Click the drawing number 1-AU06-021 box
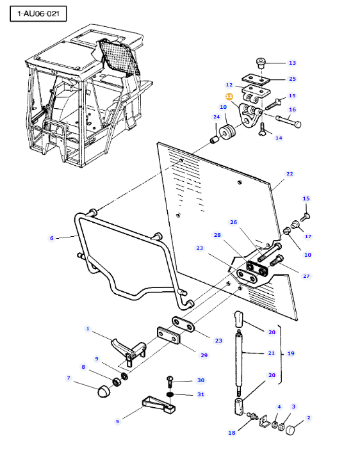38,13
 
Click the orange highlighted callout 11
229,96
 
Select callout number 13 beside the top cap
292,63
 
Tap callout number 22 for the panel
290,174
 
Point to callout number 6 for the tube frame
52,238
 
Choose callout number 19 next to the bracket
291,353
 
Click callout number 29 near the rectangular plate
204,355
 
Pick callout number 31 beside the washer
200,394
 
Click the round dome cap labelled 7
103,392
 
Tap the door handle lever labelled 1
129,351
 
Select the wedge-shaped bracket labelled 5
159,405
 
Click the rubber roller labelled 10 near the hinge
227,133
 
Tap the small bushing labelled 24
215,140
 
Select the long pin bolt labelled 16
288,120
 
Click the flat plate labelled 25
256,79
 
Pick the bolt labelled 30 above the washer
170,382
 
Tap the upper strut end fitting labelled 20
238,319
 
